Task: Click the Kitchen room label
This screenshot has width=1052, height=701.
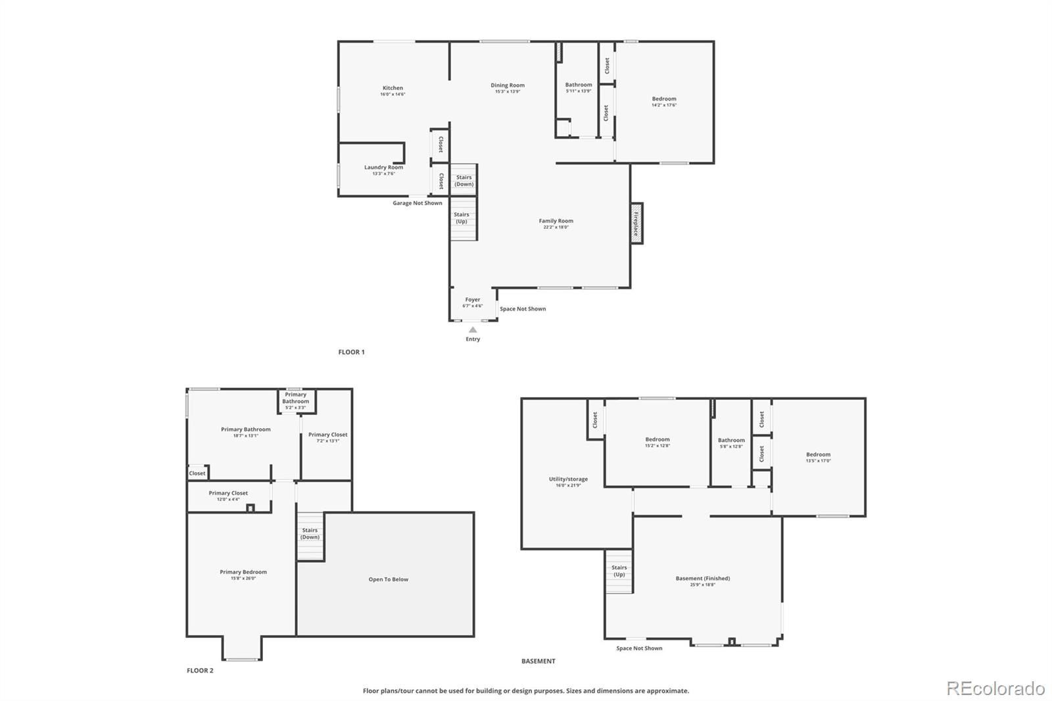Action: [x=393, y=88]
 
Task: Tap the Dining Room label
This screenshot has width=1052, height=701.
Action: [x=508, y=85]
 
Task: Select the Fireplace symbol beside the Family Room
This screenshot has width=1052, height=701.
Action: [x=636, y=224]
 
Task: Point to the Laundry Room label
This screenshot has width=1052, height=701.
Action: [x=384, y=168]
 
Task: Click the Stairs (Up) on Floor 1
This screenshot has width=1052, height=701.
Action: [x=462, y=218]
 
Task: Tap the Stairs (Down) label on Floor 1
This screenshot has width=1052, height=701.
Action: [x=464, y=181]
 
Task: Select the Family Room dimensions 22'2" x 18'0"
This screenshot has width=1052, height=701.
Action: [x=556, y=228]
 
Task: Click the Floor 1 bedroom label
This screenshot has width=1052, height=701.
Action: [x=664, y=99]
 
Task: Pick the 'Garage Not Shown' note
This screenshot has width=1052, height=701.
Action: [x=418, y=203]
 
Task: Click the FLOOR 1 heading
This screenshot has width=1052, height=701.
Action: [x=351, y=352]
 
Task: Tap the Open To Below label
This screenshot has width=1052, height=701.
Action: [x=389, y=579]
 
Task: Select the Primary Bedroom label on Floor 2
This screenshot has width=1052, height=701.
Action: [x=243, y=572]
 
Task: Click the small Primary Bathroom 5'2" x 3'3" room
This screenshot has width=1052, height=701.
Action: [x=296, y=400]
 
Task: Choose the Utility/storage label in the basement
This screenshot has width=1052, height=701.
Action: [x=568, y=479]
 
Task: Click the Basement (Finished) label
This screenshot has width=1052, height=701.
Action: [x=703, y=579]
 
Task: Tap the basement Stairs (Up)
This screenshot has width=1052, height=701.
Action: [x=619, y=571]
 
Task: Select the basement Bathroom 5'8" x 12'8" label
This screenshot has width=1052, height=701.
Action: [x=731, y=441]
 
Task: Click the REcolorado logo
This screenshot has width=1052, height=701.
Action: [x=995, y=689]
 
